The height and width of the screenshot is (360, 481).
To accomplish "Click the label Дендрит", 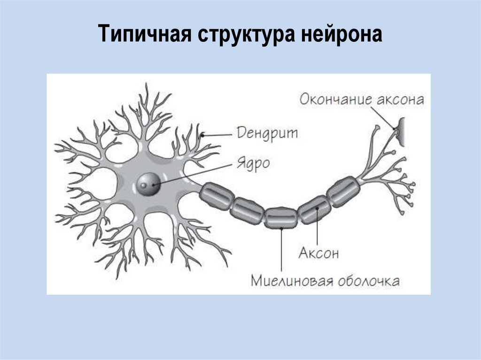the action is [267, 132].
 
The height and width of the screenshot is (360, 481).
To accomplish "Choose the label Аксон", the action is [318, 253].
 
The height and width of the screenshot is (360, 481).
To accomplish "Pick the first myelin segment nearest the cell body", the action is [217, 196].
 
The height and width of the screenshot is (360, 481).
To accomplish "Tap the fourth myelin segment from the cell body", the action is [313, 209].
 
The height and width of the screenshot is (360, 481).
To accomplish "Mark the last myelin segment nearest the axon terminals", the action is [343, 191].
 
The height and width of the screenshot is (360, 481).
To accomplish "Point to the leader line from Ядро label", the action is [197, 174].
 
